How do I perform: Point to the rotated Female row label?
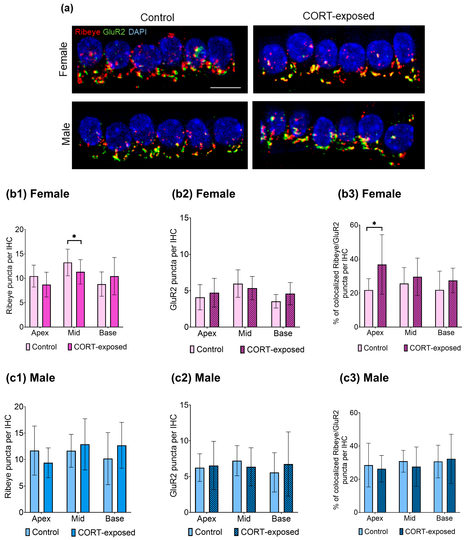tap(63, 59)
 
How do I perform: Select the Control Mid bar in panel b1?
tap(68, 294)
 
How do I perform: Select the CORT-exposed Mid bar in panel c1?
tap(85, 478)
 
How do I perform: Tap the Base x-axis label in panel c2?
tap(281, 519)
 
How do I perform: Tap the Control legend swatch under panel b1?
tap(28, 347)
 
